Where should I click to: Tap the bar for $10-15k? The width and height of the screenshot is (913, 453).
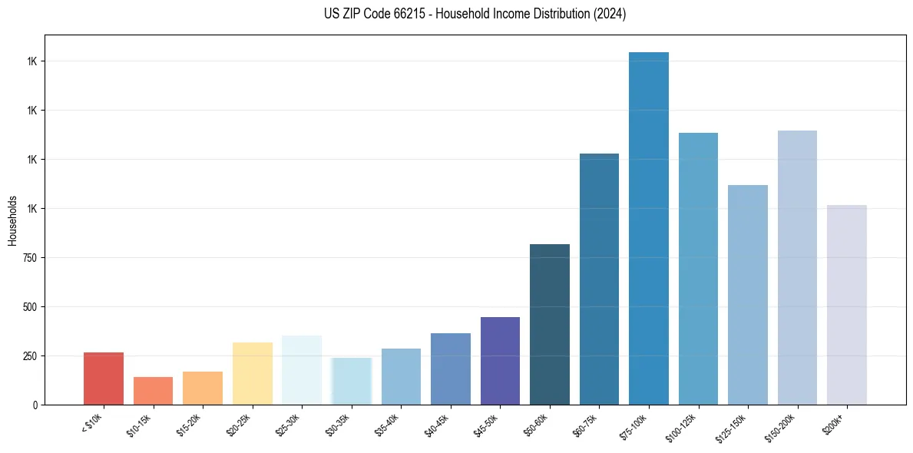[x=153, y=391]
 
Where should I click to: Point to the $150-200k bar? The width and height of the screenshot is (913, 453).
[x=797, y=268]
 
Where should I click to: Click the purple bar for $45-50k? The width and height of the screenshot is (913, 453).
[x=500, y=361]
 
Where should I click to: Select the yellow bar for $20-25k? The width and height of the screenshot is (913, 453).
[x=253, y=373]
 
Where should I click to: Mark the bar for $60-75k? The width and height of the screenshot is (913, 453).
[x=599, y=279]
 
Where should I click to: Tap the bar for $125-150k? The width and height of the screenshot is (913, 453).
[x=748, y=295]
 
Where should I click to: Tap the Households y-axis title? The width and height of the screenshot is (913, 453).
[x=12, y=220]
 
